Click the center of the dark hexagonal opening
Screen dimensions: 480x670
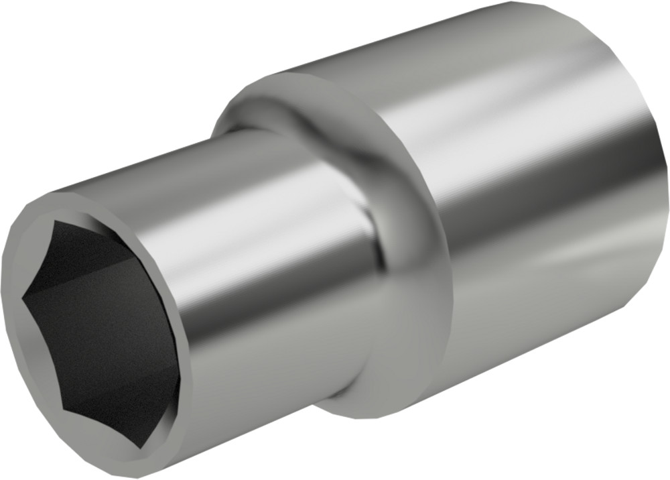click(100, 328)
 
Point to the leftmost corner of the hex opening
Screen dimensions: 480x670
click(23, 295)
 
